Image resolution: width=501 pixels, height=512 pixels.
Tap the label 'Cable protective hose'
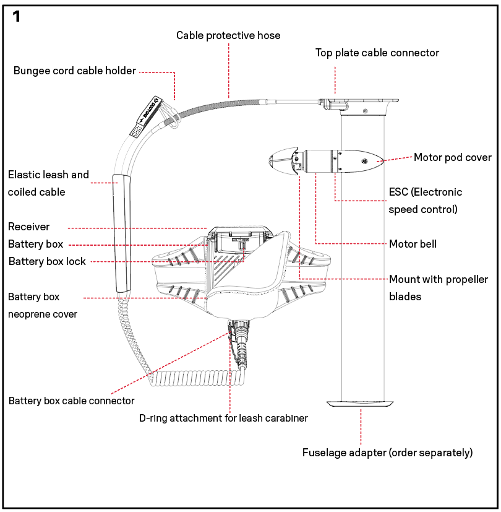228,35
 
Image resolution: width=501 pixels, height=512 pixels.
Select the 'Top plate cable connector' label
377,53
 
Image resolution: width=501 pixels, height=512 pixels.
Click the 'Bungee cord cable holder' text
75,71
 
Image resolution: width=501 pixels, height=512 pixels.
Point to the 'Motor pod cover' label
453,157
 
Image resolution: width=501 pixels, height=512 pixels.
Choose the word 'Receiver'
28,227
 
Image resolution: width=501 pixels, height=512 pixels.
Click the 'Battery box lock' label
47,261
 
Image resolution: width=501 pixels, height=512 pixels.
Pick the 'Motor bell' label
413,244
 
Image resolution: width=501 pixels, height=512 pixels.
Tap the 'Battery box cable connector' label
72,401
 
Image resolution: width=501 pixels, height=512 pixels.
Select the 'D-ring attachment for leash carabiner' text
223,418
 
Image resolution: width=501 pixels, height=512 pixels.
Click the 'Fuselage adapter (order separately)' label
387,453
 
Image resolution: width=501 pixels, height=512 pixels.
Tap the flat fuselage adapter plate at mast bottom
361,402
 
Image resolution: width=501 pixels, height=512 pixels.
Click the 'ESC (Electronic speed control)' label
425,200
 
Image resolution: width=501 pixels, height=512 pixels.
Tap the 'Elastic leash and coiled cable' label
48,183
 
